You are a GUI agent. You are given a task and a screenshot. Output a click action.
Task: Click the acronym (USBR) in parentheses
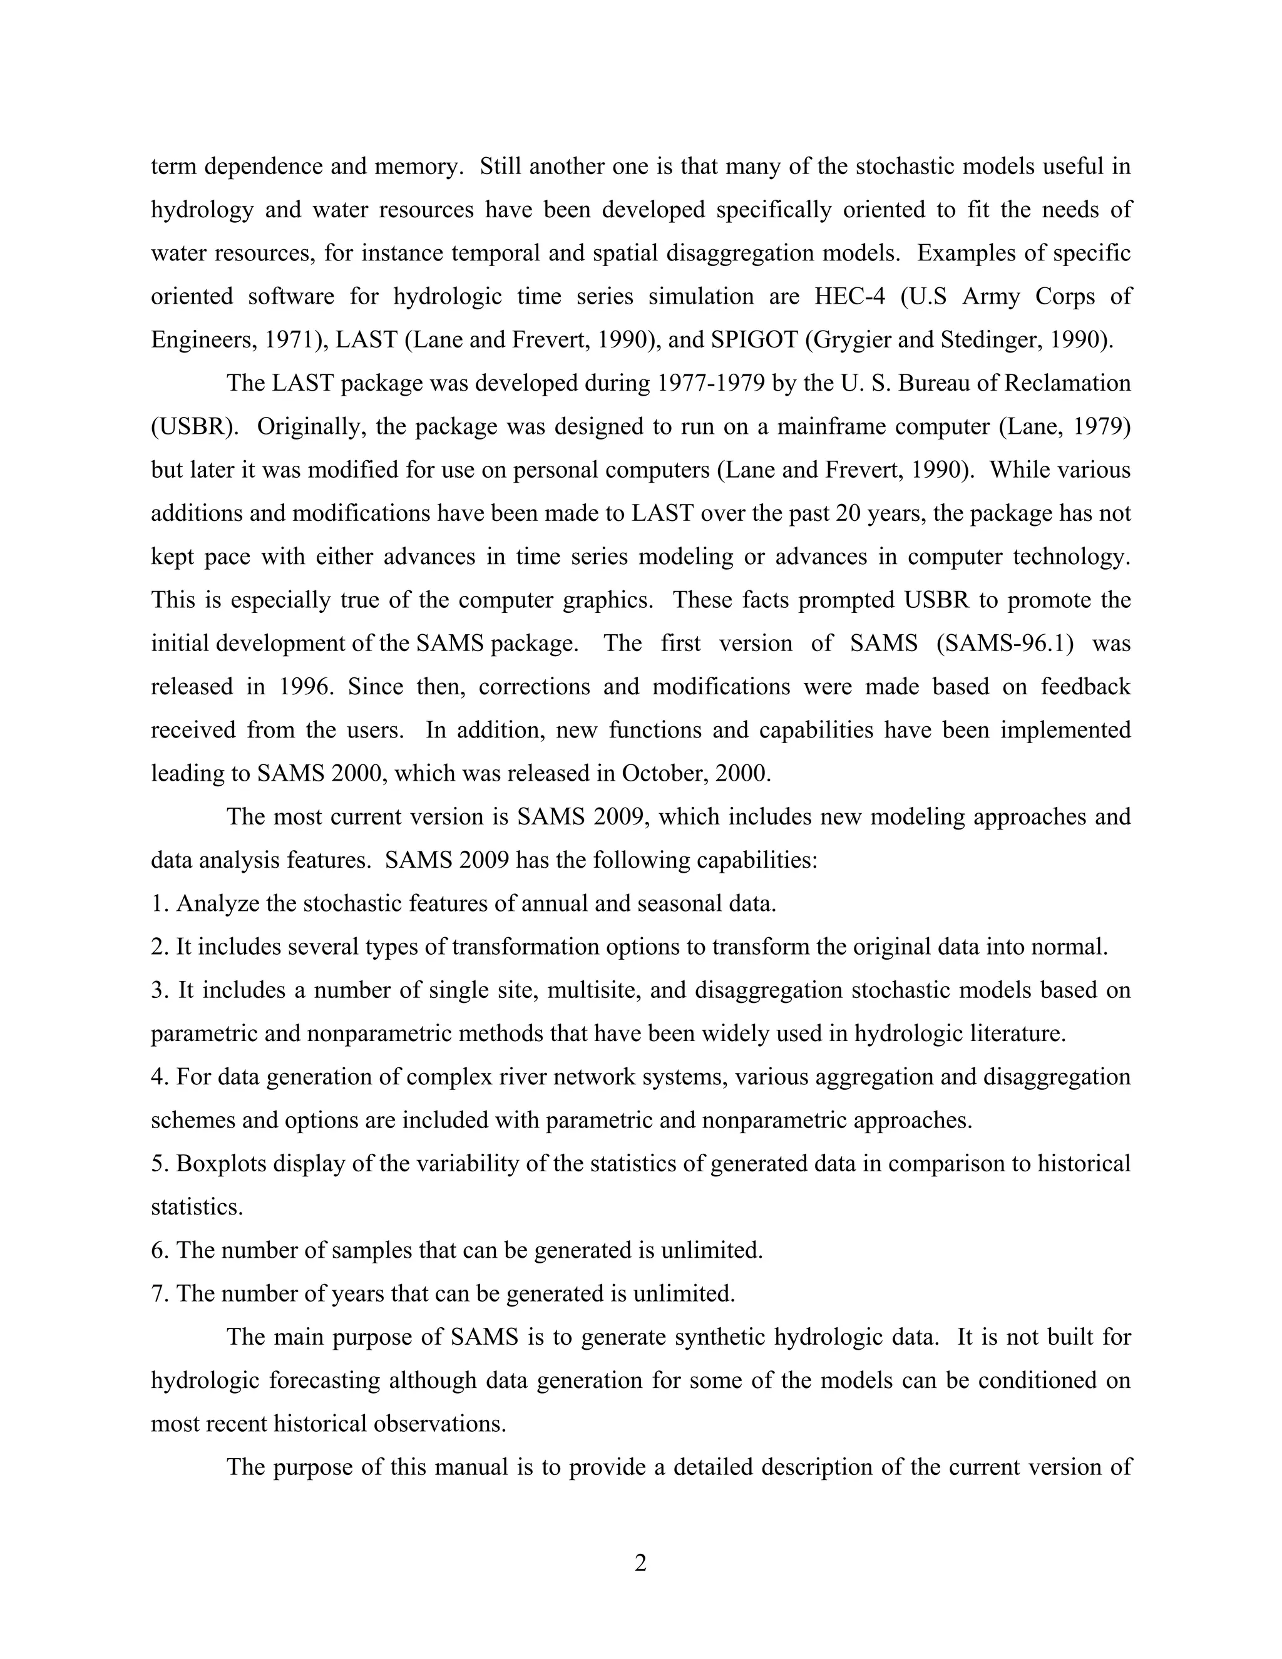195,426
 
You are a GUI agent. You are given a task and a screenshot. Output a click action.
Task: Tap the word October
665,773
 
